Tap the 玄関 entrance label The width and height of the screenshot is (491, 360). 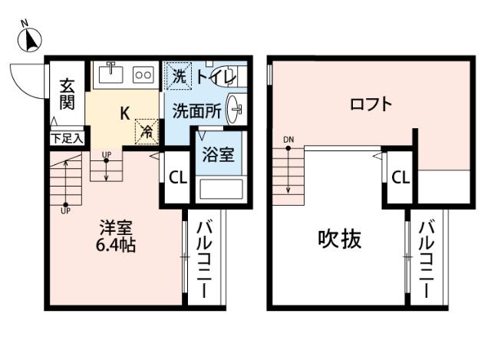tap(67, 94)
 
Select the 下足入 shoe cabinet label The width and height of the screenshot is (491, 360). tap(68, 139)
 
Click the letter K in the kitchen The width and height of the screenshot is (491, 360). tap(124, 112)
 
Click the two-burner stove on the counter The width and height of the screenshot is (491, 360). tap(143, 75)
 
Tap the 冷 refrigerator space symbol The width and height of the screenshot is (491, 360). tap(145, 130)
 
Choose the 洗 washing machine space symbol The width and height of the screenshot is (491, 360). tap(178, 76)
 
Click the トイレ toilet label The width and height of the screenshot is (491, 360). tap(214, 76)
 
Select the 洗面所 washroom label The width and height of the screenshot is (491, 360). tap(196, 110)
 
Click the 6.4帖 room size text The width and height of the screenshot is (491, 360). tap(117, 246)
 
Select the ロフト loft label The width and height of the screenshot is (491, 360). tap(371, 104)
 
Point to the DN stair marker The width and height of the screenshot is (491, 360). tap(288, 139)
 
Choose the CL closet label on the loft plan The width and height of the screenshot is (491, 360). tap(400, 178)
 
